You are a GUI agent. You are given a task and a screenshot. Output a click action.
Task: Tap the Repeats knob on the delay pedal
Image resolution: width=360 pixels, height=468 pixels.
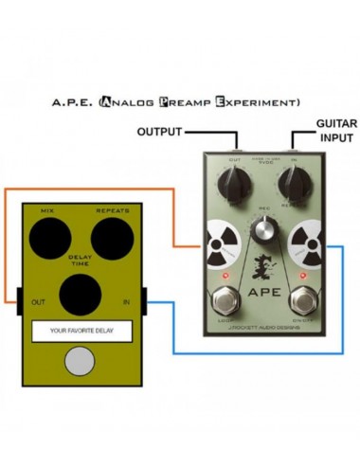pos(113,235)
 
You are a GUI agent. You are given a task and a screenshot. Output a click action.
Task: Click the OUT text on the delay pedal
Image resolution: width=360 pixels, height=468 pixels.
pos(38,303)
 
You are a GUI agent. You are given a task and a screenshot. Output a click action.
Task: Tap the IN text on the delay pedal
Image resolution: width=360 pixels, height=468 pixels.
pos(125,303)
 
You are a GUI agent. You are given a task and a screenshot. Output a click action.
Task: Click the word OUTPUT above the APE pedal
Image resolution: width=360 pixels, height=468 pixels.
pos(165,131)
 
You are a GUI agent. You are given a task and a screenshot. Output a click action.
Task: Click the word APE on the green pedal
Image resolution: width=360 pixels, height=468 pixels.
pos(264,292)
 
